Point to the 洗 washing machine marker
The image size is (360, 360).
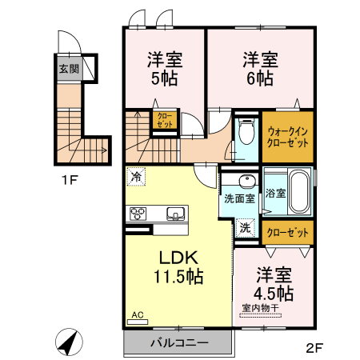point(246,227)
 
